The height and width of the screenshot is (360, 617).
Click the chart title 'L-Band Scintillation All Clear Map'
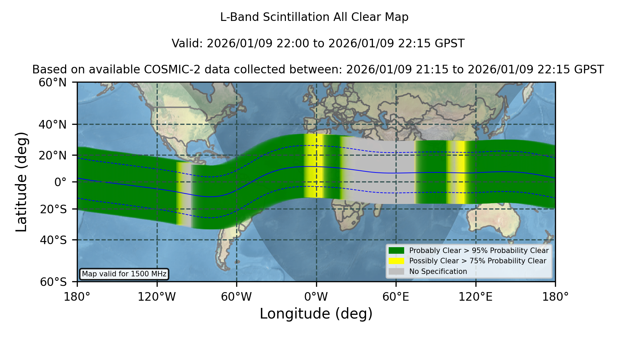314,17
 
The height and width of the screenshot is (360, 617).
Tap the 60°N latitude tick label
53,82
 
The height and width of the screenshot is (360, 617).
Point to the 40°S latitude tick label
53,240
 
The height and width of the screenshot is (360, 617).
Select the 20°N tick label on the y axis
53,155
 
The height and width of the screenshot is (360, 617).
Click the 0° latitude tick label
60,182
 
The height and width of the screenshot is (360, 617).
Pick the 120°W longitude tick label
157,297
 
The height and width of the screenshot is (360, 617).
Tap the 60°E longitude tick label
396,297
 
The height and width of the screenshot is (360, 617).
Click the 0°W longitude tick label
316,297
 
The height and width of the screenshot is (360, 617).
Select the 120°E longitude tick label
475,297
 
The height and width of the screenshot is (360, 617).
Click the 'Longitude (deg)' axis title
316,314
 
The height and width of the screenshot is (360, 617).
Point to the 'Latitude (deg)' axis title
22,182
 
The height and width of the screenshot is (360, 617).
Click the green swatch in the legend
396,251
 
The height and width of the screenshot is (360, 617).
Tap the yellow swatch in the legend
396,261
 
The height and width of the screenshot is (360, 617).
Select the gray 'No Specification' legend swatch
396,272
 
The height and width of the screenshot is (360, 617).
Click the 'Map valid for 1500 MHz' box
124,274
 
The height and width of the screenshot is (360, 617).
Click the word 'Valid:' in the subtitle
187,44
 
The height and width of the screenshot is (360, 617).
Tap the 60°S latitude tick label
53,282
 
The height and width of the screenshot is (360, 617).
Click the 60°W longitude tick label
237,297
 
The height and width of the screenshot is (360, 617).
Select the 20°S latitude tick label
53,209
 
